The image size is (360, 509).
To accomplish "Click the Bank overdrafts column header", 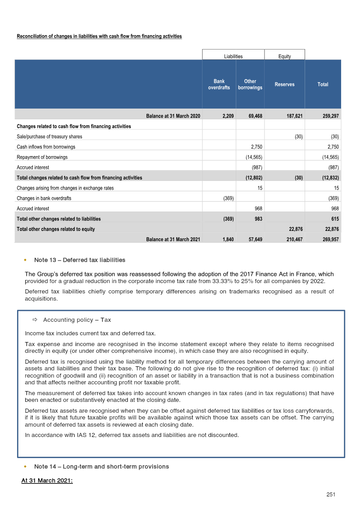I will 219,85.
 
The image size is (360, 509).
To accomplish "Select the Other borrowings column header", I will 250,85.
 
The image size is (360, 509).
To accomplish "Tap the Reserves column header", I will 284,85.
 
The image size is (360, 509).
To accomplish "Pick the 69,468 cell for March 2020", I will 256,116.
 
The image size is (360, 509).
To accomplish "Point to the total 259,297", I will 331,116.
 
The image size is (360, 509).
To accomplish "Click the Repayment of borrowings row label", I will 42,158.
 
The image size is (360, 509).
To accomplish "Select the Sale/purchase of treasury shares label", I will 49,136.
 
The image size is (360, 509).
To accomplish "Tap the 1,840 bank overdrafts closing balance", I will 228,239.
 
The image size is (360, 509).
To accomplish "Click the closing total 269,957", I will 331,239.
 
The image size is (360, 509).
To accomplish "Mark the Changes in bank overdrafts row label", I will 44,198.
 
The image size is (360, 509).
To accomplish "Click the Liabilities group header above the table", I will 233,57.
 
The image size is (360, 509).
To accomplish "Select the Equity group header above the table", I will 284,57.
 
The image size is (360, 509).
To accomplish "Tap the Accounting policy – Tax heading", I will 76,320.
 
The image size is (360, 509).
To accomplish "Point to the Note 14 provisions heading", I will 101,467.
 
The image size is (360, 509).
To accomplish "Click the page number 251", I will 331,495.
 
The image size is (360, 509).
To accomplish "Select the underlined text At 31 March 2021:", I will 47,481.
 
